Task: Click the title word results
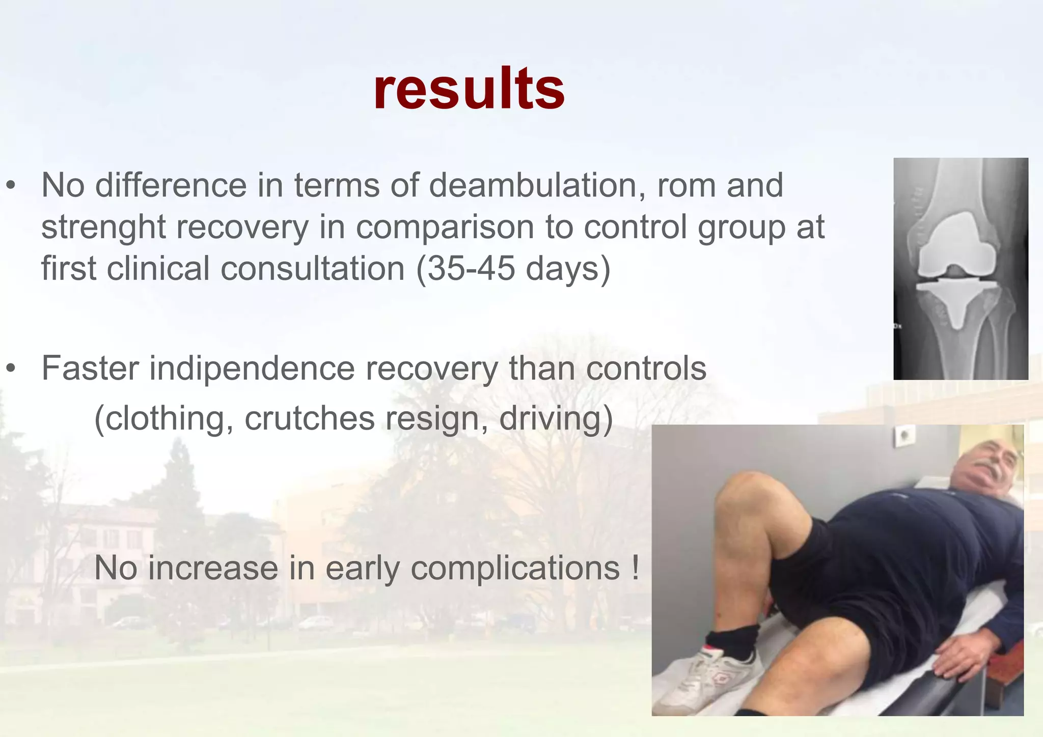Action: tap(469, 90)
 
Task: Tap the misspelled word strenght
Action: tap(103, 227)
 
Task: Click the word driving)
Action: tap(556, 418)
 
